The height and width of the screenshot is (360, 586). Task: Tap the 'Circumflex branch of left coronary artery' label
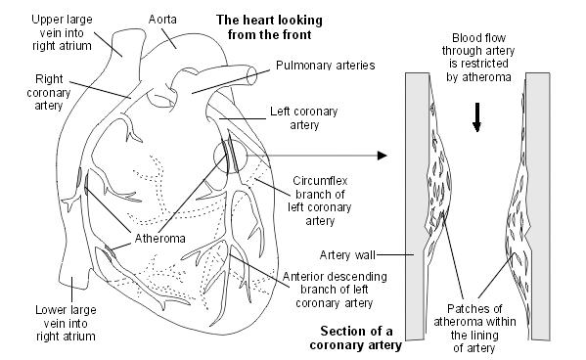tap(333, 201)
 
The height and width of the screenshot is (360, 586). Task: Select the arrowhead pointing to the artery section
tap(382, 155)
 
